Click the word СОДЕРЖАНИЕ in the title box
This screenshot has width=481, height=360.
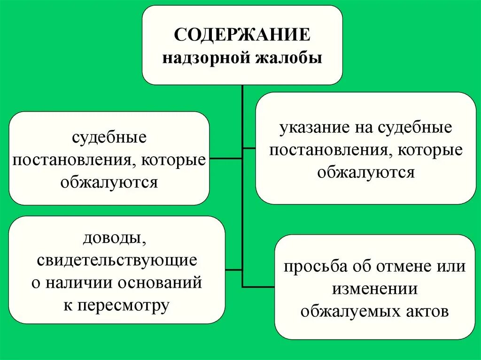242,36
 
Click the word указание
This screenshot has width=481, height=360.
310,128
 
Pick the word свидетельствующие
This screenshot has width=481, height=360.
117,260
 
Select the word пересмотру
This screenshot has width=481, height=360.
123,306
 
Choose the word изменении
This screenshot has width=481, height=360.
375,289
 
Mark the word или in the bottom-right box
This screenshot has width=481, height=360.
450,267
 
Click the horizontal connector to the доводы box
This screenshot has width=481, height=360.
234,270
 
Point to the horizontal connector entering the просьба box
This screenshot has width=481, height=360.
258,286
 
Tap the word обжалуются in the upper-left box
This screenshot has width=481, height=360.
109,182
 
